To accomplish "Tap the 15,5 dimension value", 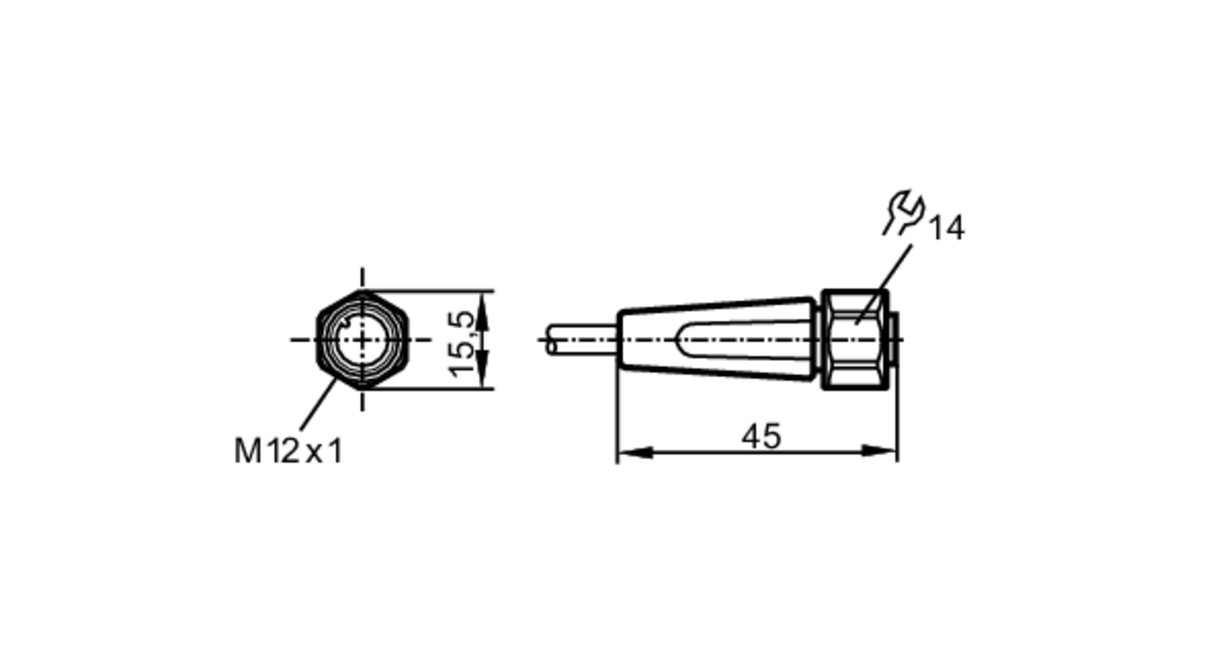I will point(462,343).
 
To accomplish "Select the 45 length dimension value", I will point(761,436).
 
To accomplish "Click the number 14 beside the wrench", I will point(946,228).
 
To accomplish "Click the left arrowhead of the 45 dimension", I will point(634,452).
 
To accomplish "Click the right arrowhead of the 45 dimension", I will point(881,452).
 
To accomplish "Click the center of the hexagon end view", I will point(363,340).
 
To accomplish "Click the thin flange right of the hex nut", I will point(893,340).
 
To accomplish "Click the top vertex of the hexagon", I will point(363,292).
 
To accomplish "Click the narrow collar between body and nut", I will point(819,340).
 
